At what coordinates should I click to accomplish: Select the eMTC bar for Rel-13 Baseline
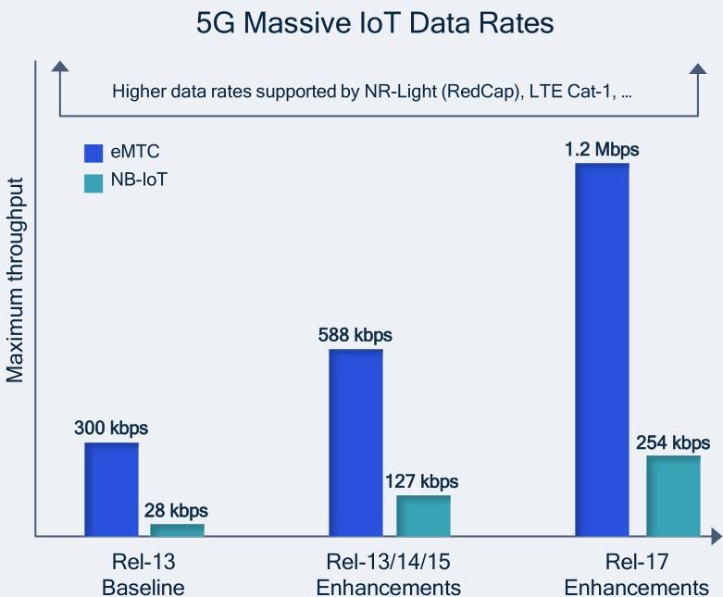pyautogui.click(x=111, y=489)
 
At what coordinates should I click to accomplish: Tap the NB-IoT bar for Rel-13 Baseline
pyautogui.click(x=177, y=529)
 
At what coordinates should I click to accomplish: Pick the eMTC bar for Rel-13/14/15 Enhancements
pyautogui.click(x=355, y=442)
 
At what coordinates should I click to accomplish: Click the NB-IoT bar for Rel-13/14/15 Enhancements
pyautogui.click(x=423, y=516)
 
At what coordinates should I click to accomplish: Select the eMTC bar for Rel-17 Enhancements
pyautogui.click(x=602, y=349)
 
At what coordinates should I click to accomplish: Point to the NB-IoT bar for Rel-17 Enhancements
pyautogui.click(x=673, y=495)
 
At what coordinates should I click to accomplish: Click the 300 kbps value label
pyautogui.click(x=111, y=429)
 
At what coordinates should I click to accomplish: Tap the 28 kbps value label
pyautogui.click(x=176, y=510)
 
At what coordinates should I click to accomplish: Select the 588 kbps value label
pyautogui.click(x=355, y=335)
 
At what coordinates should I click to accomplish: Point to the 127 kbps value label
pyautogui.click(x=422, y=481)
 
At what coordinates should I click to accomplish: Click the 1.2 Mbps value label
pyautogui.click(x=602, y=149)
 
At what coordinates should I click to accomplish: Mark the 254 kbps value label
pyautogui.click(x=673, y=442)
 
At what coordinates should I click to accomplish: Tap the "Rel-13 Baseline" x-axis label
pyautogui.click(x=145, y=575)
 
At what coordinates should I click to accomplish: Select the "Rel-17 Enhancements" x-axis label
pyautogui.click(x=636, y=575)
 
